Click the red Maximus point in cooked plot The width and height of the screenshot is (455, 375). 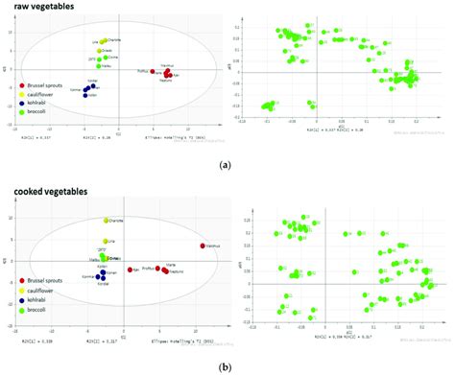[x=203, y=246]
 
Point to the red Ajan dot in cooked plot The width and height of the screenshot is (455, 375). [x=131, y=270]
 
